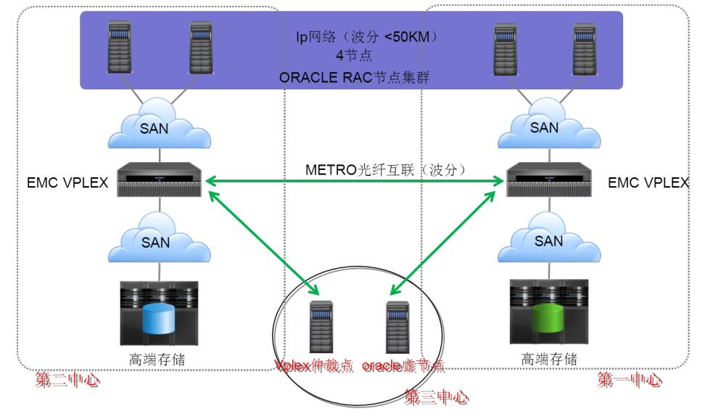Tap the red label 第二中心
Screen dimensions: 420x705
(x=67, y=379)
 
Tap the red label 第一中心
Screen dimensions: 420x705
(x=629, y=379)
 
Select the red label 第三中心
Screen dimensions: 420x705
(x=436, y=397)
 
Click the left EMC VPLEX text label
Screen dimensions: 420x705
(x=67, y=182)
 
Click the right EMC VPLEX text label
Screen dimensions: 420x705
(x=648, y=182)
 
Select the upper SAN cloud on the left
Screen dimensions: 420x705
(x=154, y=128)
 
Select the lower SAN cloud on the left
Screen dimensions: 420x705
(x=154, y=242)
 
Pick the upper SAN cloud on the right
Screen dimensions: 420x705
(x=544, y=128)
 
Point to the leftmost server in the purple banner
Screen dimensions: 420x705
(x=120, y=47)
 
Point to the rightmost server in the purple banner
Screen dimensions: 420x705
(x=583, y=47)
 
